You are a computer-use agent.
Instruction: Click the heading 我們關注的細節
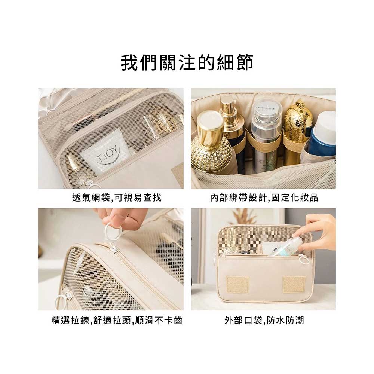pyautogui.click(x=187, y=62)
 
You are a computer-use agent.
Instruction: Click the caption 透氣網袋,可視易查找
pyautogui.click(x=117, y=197)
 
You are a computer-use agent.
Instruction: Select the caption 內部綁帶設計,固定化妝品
pyautogui.click(x=264, y=197)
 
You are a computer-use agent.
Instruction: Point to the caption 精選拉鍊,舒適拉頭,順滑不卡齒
pyautogui.click(x=117, y=320)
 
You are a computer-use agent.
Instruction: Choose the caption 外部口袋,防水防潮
pyautogui.click(x=264, y=320)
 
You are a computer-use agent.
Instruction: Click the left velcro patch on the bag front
pyautogui.click(x=237, y=285)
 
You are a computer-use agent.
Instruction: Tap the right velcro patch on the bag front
pyautogui.click(x=294, y=285)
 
